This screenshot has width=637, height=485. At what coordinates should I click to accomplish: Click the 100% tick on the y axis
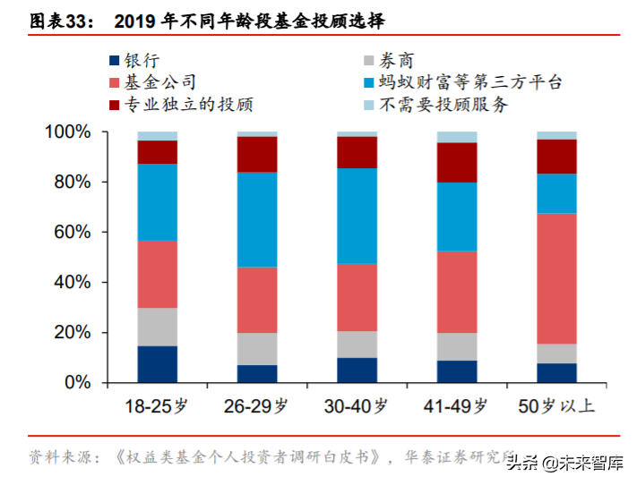[x=68, y=132]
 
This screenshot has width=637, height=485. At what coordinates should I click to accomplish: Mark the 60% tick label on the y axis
[x=73, y=233]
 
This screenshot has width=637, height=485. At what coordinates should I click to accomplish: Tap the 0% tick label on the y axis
[x=80, y=383]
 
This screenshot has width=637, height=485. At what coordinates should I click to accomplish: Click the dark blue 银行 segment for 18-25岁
[x=158, y=364]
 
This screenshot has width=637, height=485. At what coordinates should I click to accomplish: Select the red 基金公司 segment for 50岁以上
[x=556, y=278]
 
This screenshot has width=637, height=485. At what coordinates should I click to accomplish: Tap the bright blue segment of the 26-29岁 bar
[x=257, y=219]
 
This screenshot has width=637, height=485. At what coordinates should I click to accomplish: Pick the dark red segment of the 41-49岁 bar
[x=457, y=162]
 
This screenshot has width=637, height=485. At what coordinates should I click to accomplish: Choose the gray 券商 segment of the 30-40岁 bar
[x=357, y=345]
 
